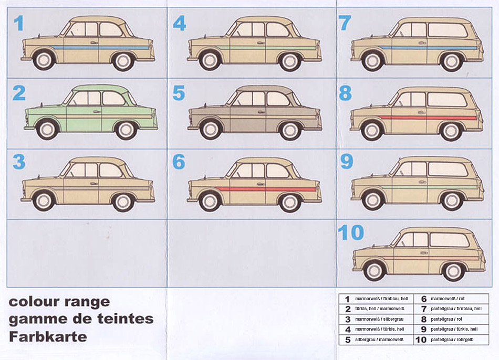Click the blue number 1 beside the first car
(x=18, y=23)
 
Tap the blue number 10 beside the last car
(x=351, y=232)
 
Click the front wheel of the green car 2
(x=47, y=129)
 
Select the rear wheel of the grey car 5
(x=290, y=129)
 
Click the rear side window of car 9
(x=448, y=169)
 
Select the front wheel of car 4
(x=210, y=60)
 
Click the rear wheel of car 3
(x=123, y=200)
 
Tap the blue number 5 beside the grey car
(x=179, y=93)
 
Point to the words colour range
(x=59, y=302)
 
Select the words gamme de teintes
(x=81, y=319)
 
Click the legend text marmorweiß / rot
(x=448, y=299)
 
